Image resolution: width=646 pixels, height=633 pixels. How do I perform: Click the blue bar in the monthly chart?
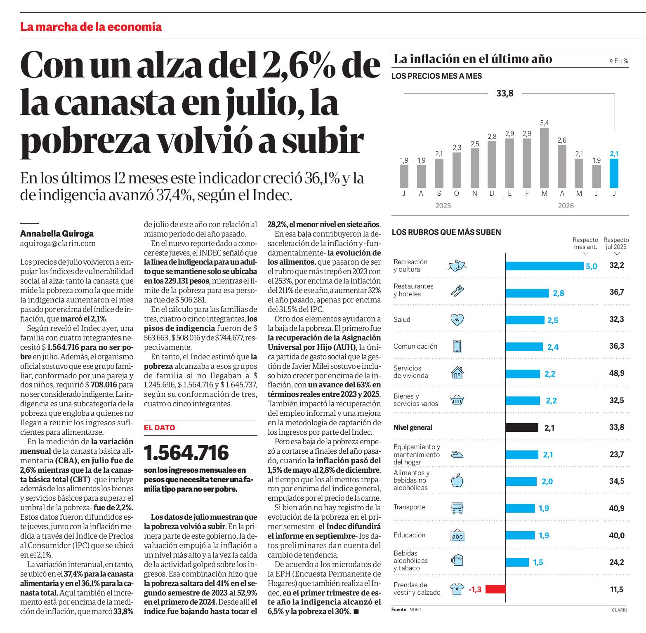614,173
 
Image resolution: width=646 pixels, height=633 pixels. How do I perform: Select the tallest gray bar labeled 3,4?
544,158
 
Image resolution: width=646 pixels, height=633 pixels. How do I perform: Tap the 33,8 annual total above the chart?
505,94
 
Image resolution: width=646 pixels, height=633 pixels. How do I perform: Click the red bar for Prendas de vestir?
495,589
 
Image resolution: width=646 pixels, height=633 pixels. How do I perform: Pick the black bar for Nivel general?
522,428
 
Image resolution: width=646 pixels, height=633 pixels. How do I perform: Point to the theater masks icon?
457,265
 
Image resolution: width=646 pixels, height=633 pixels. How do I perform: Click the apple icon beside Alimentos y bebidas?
457,480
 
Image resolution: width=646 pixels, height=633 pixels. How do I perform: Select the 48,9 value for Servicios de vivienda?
617,373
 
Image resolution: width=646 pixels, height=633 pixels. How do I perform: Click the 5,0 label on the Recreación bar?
591,267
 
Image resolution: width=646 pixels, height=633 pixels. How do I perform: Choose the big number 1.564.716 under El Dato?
186,452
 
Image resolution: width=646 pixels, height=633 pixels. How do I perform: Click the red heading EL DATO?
159,428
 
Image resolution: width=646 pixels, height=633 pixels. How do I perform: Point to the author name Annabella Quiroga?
57,234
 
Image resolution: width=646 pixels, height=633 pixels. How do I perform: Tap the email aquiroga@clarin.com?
58,244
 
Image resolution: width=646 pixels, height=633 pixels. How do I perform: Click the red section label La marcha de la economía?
91,27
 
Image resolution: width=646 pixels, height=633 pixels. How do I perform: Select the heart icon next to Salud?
457,319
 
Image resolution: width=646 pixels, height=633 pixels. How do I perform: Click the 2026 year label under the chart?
566,206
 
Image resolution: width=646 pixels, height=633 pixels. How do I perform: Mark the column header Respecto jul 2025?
616,244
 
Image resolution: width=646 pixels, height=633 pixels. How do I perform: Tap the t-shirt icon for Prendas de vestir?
457,589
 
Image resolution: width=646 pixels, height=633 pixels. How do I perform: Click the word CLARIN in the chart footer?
619,610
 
